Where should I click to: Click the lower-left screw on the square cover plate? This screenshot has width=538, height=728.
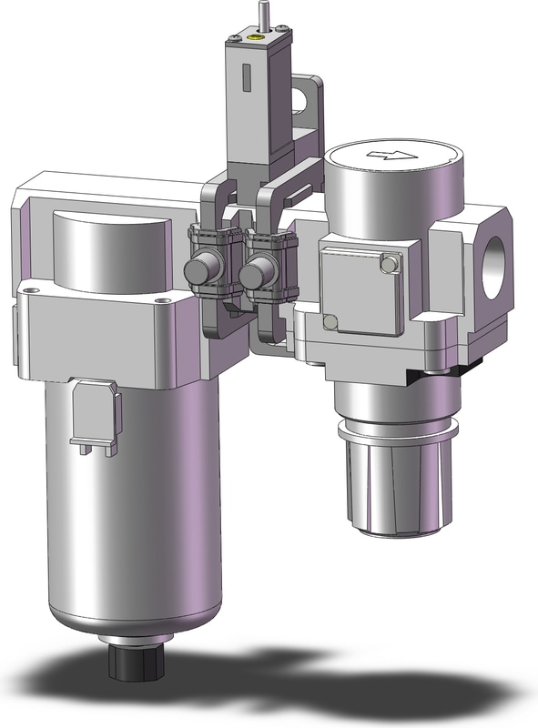tap(332, 320)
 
